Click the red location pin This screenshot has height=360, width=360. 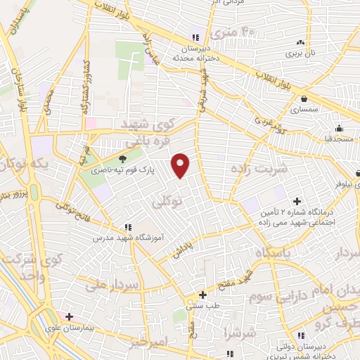pyautogui.click(x=181, y=165)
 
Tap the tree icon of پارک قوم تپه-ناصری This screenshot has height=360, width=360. pyautogui.click(x=123, y=159)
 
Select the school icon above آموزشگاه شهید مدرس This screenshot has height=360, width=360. pyautogui.click(x=128, y=227)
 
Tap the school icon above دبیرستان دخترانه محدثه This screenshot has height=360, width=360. pyautogui.click(x=195, y=38)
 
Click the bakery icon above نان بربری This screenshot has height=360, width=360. pyautogui.click(x=302, y=42)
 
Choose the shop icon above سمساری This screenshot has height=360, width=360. pyautogui.click(x=304, y=100)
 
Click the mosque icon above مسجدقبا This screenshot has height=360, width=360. pyautogui.click(x=339, y=128)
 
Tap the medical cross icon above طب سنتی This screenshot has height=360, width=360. pyautogui.click(x=202, y=295)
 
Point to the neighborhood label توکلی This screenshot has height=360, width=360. pyautogui.click(x=167, y=202)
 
